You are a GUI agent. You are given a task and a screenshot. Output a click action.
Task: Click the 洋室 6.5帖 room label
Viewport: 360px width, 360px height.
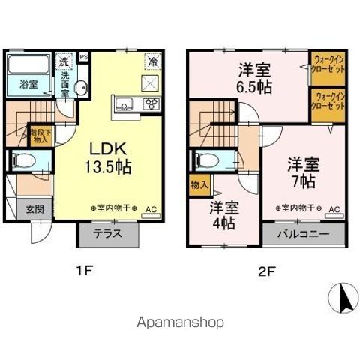(254, 78)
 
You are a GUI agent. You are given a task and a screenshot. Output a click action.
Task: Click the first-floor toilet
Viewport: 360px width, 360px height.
(24, 159)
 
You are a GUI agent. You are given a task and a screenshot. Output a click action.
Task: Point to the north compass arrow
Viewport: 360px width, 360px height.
(345, 300)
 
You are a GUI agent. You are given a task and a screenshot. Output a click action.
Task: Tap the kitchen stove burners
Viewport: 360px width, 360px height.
(151, 103)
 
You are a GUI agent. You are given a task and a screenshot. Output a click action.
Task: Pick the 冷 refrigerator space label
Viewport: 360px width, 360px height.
(152, 61)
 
